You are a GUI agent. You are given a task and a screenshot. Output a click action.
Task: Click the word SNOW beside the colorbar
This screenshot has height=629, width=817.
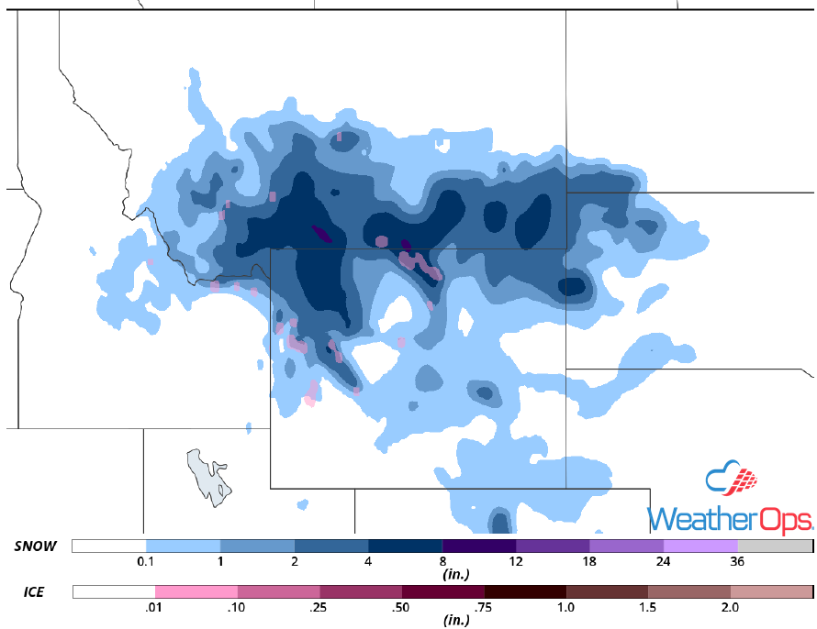[x=36, y=546]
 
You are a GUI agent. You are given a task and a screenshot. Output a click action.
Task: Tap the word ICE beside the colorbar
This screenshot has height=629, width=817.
[x=34, y=592]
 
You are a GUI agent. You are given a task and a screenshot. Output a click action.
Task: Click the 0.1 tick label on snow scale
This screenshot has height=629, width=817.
[x=145, y=561]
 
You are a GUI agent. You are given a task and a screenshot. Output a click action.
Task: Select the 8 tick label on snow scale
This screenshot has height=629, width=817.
[x=442, y=561]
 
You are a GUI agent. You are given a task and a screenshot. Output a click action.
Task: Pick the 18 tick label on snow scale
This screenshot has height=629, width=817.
[x=590, y=561]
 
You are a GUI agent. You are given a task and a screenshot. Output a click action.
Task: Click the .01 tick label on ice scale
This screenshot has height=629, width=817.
[x=154, y=607]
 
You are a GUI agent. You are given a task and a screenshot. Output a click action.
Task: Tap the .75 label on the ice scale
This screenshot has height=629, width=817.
[x=484, y=607]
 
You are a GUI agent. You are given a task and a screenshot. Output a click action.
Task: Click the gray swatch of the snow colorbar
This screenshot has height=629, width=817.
[x=775, y=546]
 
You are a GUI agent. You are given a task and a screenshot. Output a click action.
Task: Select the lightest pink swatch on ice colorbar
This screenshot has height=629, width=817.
[x=196, y=591]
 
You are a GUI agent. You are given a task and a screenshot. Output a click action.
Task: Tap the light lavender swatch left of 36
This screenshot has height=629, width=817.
[x=700, y=546]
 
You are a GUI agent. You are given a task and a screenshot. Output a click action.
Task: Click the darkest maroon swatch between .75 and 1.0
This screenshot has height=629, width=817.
[x=525, y=591]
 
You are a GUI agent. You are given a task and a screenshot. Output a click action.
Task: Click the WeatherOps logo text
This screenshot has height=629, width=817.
[x=730, y=519]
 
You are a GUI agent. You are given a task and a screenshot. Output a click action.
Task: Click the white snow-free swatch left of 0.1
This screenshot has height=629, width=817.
[x=108, y=546]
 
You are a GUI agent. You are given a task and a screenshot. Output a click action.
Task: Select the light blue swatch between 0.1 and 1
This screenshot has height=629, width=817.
[x=183, y=546]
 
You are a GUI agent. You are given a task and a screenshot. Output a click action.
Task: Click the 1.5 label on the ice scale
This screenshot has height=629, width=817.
[x=649, y=607]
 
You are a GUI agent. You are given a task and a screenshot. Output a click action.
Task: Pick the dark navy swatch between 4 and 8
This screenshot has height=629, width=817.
[x=405, y=546]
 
